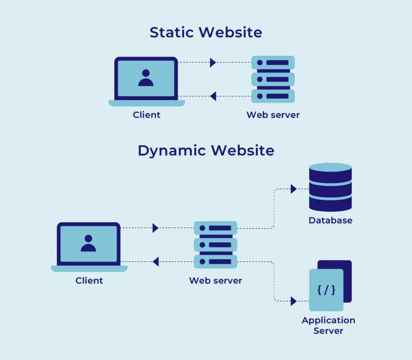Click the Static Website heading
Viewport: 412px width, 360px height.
coord(206,32)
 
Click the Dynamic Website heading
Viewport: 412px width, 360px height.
coord(206,150)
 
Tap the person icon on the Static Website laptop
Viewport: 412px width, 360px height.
coord(146,78)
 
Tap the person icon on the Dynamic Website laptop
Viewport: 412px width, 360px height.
coord(88,243)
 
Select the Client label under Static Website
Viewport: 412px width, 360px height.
coord(146,115)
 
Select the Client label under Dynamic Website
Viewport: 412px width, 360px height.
coord(89,280)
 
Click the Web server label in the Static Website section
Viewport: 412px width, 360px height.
coord(273,115)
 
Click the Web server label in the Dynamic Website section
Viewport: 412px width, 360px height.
coord(215,280)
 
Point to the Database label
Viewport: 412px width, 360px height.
coord(330,220)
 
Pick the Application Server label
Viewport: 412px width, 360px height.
coord(328,325)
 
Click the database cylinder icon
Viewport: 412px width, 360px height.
coord(330,187)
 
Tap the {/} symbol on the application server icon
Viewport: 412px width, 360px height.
coord(326,290)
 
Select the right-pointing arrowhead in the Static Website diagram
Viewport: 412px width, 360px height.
coord(213,62)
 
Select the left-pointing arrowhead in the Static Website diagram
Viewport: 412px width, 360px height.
coord(213,96)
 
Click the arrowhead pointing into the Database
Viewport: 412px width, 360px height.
coord(293,189)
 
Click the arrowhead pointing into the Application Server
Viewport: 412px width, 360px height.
coord(293,300)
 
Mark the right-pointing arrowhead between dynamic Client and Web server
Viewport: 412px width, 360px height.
coord(155,228)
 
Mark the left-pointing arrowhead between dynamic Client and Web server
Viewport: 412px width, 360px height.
coord(155,261)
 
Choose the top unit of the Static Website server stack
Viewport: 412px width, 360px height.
coord(273,63)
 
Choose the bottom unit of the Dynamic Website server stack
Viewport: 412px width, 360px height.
coord(215,261)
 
